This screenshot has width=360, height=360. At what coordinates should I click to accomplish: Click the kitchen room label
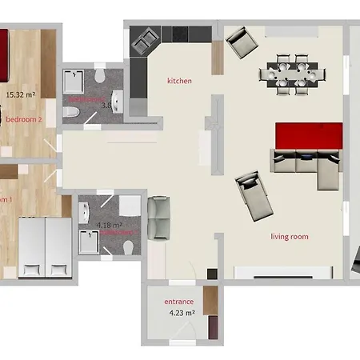coord(180,81)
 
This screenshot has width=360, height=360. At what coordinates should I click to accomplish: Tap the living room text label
coord(290,236)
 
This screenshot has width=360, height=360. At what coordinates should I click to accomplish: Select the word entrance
coord(179,302)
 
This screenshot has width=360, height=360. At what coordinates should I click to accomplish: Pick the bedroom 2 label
coord(24,119)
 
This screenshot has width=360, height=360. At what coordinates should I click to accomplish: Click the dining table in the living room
coord(293,74)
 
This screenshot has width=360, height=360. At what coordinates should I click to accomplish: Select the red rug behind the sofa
coord(309,136)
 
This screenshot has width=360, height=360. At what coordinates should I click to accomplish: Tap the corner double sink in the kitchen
coord(144,40)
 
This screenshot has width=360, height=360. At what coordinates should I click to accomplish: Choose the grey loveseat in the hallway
coord(159,218)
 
